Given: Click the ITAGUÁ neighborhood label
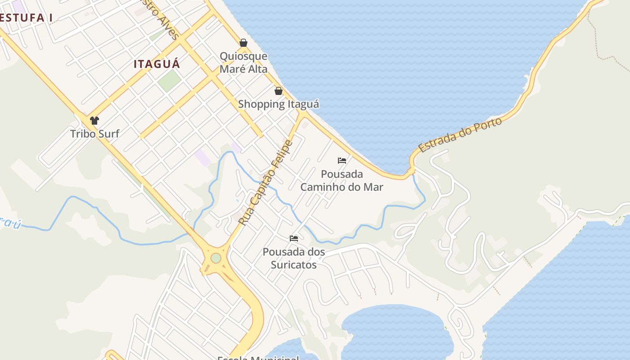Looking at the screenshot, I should click(x=157, y=64).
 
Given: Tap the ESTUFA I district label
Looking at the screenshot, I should click(x=26, y=18).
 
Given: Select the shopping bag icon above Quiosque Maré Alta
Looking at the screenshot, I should click(x=243, y=43).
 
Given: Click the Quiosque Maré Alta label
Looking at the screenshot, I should click(x=243, y=63).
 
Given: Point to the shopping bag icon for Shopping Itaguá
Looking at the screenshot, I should click(x=279, y=91).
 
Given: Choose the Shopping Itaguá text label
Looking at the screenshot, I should click(x=279, y=104).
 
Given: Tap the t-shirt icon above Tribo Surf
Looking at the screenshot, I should click(x=94, y=120).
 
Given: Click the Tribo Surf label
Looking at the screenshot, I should click(x=94, y=134).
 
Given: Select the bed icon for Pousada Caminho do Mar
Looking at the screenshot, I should click(x=342, y=161).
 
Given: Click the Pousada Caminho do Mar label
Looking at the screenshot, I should click(x=342, y=180).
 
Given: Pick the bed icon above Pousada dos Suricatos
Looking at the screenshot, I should click(x=294, y=238).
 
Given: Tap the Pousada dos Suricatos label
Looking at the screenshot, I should click(x=294, y=258).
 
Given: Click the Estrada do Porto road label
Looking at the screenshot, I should click(x=460, y=135).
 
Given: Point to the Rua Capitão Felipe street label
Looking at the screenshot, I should click(x=265, y=183).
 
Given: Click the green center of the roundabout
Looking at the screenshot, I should click(x=216, y=258).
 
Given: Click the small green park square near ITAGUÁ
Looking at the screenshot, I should click(x=169, y=80).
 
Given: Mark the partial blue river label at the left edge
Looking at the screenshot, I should click(x=10, y=222).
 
